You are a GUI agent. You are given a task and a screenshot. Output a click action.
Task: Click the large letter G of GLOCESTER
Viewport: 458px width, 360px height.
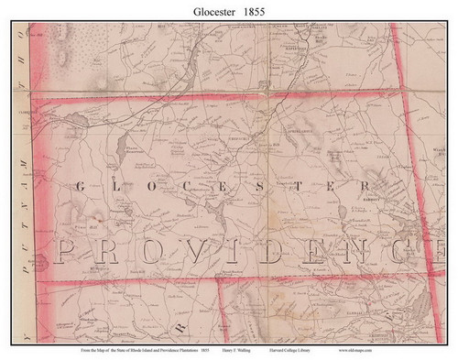click(76, 186)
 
